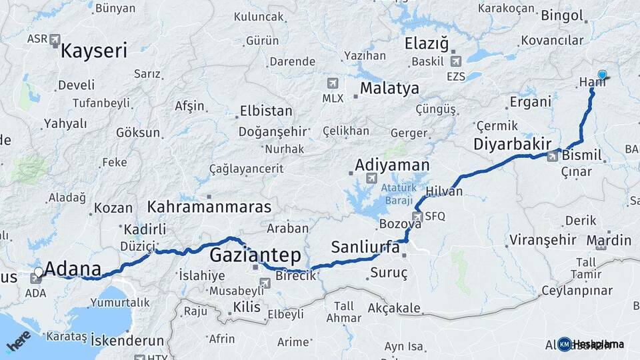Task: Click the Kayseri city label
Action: pos(94,51)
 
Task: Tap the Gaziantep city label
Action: pos(255,255)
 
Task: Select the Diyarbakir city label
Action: pos(512,144)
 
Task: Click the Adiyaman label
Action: pos(392,164)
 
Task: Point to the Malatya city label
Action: pos(389,88)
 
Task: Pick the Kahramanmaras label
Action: pos(209,206)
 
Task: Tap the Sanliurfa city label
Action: pos(365,247)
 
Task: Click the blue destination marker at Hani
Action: pos(603,75)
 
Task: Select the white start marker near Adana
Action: pos(39,272)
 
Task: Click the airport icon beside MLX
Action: pos(332,83)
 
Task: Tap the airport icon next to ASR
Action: pos(55,39)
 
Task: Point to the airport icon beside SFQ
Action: pos(417,216)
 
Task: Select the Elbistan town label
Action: pos(266,111)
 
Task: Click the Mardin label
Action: pos(609,240)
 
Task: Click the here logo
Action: pos(18,341)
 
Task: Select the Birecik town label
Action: pos(295,276)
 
